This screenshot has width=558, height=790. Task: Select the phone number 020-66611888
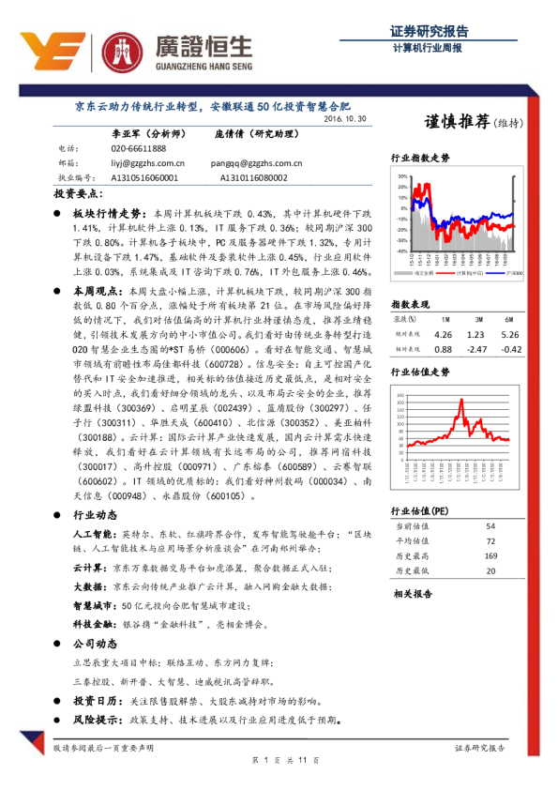click(138, 148)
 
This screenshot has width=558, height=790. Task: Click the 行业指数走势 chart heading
click(420, 160)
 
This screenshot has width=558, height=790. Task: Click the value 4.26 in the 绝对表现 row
click(444, 334)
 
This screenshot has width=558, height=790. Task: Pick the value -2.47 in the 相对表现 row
click(477, 349)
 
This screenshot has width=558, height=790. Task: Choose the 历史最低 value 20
click(490, 570)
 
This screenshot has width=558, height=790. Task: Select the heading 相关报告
click(413, 594)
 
